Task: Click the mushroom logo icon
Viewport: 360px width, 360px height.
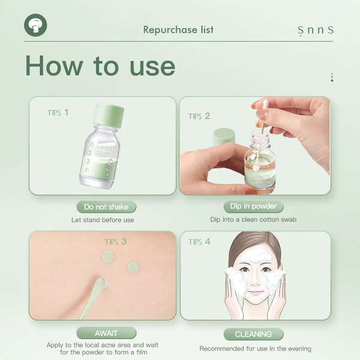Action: coord(35,26)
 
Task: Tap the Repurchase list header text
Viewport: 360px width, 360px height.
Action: coord(178,29)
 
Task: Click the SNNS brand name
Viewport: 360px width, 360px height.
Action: coord(315,30)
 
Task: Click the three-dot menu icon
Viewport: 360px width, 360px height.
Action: coord(332,77)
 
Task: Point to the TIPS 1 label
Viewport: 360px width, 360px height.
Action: coord(58,112)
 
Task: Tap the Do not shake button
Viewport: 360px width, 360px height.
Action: coord(106,207)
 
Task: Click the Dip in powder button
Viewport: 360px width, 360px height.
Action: coord(253,206)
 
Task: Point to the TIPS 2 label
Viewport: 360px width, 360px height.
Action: coord(199,116)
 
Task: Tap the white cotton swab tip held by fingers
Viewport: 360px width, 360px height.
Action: coord(262,105)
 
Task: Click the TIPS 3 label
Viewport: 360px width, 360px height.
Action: coord(116,242)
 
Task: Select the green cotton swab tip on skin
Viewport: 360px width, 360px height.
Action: coord(100,282)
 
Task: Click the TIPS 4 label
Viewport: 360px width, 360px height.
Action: coord(199,242)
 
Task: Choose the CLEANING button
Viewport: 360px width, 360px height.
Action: coord(253,334)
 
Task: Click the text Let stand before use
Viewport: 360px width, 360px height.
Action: coord(103,220)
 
